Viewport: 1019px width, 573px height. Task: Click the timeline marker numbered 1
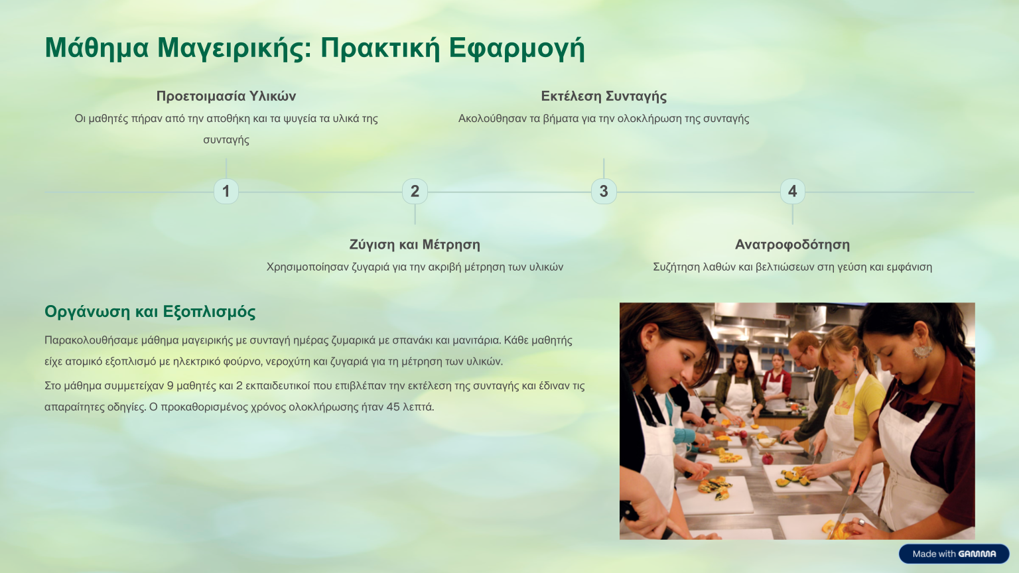coord(226,192)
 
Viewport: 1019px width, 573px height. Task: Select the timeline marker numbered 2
coord(415,192)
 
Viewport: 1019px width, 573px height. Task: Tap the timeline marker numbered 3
coord(604,192)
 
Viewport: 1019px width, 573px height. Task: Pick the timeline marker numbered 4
coord(793,192)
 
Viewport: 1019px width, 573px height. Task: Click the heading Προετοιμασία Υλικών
coord(226,96)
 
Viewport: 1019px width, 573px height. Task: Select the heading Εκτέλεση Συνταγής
coord(604,96)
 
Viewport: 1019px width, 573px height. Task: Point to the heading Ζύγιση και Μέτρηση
coord(415,245)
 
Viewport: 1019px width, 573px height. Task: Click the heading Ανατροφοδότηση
coord(793,245)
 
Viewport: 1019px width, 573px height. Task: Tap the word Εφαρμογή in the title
coord(517,48)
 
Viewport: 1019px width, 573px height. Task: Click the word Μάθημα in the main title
coord(97,48)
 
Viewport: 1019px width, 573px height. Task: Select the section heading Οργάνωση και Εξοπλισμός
coord(150,312)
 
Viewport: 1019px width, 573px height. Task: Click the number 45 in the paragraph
coord(393,407)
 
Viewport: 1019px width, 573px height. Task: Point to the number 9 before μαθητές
coord(170,386)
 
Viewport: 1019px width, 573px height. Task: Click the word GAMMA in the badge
coord(977,554)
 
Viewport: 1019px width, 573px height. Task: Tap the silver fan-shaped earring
coord(922,351)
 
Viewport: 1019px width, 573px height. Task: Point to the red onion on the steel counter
coord(768,458)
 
